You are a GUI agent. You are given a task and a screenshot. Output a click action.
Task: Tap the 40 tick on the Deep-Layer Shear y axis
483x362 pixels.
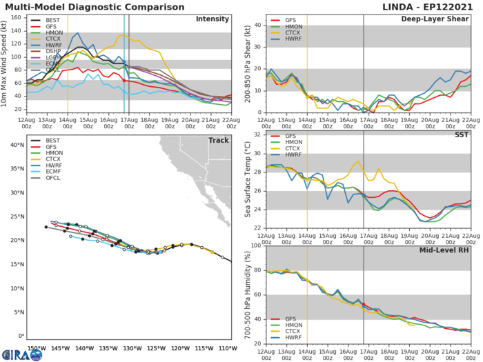[257, 26]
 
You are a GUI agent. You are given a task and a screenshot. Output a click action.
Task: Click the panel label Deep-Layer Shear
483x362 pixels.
[435, 19]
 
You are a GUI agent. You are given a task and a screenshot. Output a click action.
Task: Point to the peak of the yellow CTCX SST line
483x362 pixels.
[358, 161]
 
